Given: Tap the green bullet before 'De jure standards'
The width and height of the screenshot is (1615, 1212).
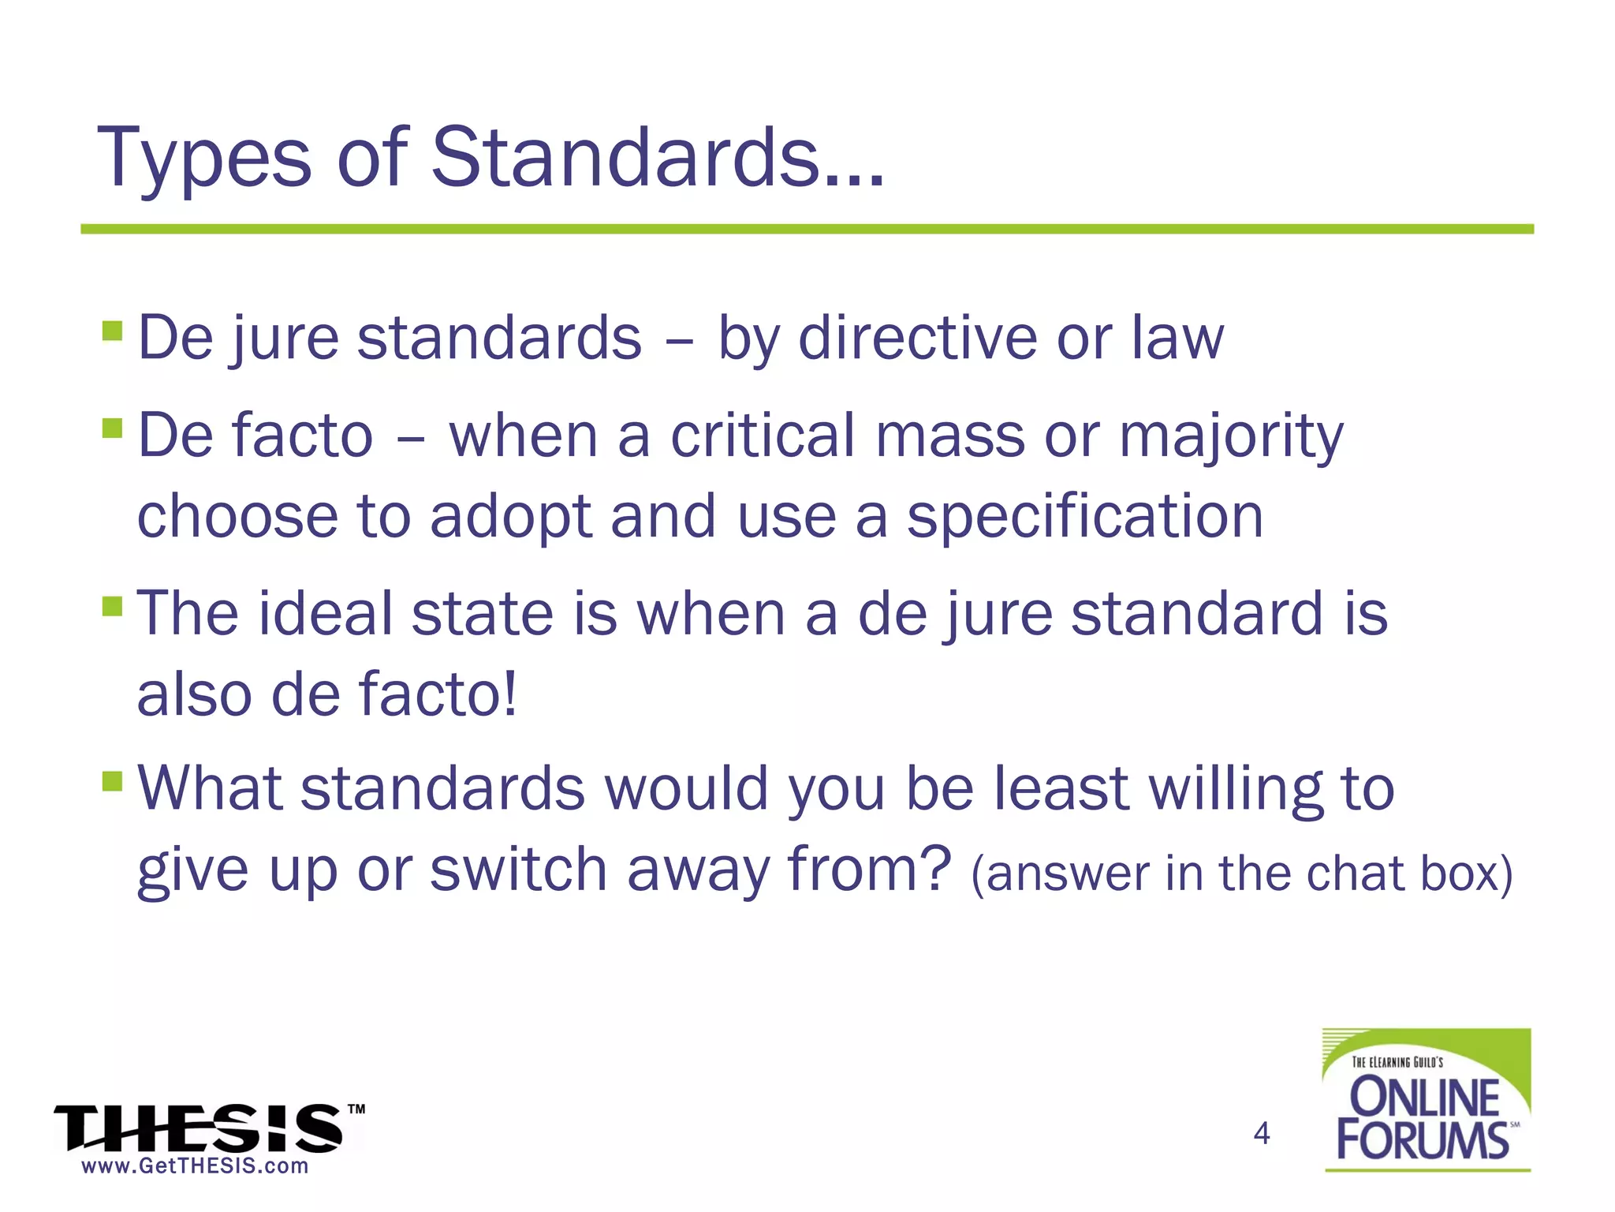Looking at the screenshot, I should (113, 330).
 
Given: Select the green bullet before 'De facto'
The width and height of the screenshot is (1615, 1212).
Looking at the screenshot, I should (113, 428).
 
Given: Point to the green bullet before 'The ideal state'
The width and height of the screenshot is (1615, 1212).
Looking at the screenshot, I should (113, 607).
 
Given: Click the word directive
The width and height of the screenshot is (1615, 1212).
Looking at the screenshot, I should (917, 338).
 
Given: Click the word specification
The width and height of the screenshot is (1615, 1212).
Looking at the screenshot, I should (1084, 518).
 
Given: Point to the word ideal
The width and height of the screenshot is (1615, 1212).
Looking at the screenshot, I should (325, 613).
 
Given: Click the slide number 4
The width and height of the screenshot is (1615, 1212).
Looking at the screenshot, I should (1262, 1133).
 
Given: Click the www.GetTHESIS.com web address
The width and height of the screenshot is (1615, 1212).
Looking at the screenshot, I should (195, 1166).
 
